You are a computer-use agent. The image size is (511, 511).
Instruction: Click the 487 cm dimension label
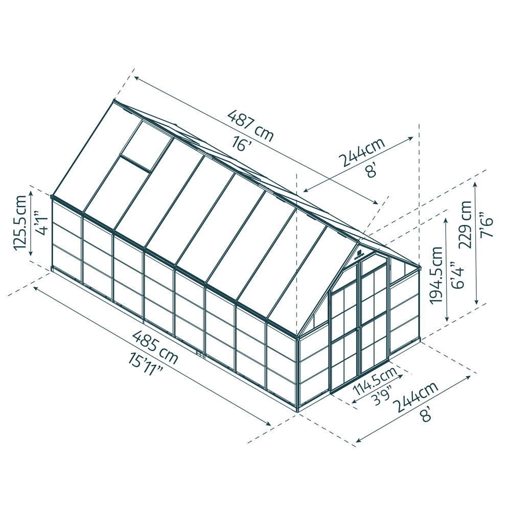coord(251,126)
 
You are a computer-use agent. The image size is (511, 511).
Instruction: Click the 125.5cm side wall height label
coord(21,222)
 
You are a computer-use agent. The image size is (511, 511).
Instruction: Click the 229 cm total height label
coord(466,224)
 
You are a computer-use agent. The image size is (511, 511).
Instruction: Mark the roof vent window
coord(146,146)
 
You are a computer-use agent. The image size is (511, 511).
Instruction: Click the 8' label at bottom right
coord(427,415)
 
